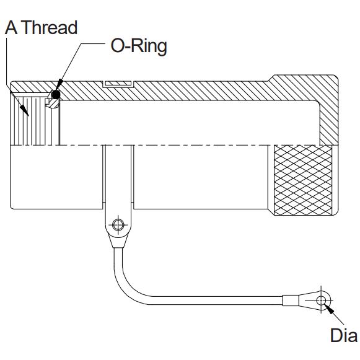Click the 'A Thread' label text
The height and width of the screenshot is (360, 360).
[41, 27]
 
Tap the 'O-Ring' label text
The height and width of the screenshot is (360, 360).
[139, 46]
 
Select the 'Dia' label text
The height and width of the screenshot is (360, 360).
[344, 335]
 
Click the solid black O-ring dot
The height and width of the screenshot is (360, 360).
[55, 94]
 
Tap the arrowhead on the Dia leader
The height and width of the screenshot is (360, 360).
[329, 309]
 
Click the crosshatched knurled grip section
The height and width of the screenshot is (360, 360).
[303, 180]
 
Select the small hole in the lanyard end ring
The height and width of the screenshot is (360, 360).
[321, 301]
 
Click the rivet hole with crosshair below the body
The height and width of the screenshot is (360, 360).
[118, 225]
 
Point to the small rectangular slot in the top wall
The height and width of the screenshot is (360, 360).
[118, 84]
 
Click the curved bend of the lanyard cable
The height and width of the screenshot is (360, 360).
[129, 284]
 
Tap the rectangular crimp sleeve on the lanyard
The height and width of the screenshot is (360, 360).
[291, 301]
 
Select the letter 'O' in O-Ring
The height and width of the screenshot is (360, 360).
[118, 46]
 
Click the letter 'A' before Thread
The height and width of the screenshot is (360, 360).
[11, 27]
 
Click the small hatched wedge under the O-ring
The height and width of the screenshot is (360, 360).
[53, 103]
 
